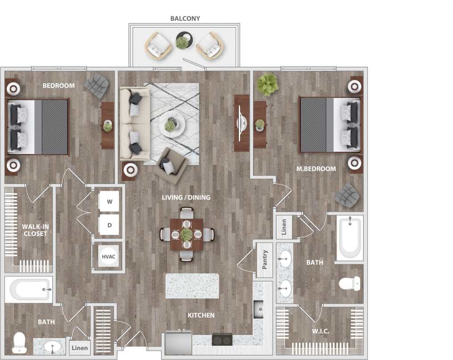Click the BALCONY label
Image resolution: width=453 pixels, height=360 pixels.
185,19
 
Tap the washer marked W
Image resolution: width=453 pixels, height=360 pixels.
109,201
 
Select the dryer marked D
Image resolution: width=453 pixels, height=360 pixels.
109,225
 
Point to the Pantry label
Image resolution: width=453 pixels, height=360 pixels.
265,259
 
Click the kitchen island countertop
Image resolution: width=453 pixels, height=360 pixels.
192,286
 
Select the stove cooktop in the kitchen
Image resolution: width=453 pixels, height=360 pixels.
222,339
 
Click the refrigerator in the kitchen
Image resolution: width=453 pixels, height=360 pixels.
178,343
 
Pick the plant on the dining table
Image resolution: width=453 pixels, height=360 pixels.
187,234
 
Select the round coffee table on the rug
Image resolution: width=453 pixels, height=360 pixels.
171,125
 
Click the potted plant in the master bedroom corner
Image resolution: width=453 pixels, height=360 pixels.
267,85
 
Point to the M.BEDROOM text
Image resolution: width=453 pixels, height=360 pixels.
316,169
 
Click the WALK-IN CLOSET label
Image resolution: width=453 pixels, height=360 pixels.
35,230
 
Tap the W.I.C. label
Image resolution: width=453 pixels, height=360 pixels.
320,331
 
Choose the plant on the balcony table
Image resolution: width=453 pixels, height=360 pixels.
182,42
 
